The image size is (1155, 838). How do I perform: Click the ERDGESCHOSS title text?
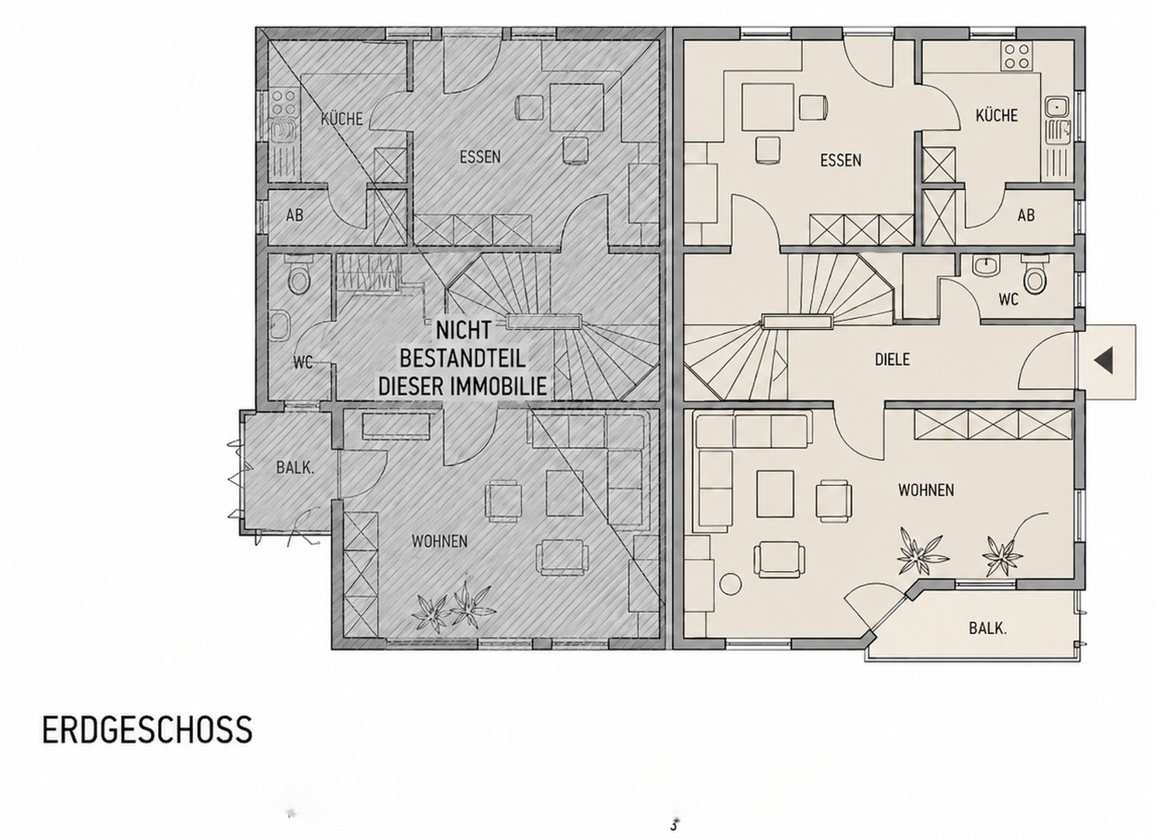pyautogui.click(x=147, y=729)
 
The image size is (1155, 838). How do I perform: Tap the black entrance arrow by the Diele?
pyautogui.click(x=1104, y=361)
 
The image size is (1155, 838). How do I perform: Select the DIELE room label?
pyautogui.click(x=893, y=359)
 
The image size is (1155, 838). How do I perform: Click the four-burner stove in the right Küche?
pyautogui.click(x=1015, y=56)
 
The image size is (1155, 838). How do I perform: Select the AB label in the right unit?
pyautogui.click(x=1025, y=215)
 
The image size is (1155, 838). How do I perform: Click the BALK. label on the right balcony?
pyautogui.click(x=987, y=628)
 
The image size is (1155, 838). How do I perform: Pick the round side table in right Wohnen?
pyautogui.click(x=730, y=584)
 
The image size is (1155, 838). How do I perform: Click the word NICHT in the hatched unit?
pyautogui.click(x=464, y=330)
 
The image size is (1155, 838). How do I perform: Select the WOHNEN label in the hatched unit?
pyautogui.click(x=440, y=541)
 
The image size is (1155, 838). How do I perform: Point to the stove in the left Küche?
pyautogui.click(x=283, y=102)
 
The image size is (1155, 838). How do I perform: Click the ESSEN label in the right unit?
pyautogui.click(x=841, y=161)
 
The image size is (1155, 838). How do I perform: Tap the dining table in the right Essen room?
pyautogui.click(x=767, y=107)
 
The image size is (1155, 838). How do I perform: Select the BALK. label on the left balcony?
pyautogui.click(x=295, y=468)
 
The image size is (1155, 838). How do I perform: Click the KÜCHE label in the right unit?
pyautogui.click(x=996, y=115)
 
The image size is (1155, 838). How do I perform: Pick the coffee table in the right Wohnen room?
pyautogui.click(x=775, y=493)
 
